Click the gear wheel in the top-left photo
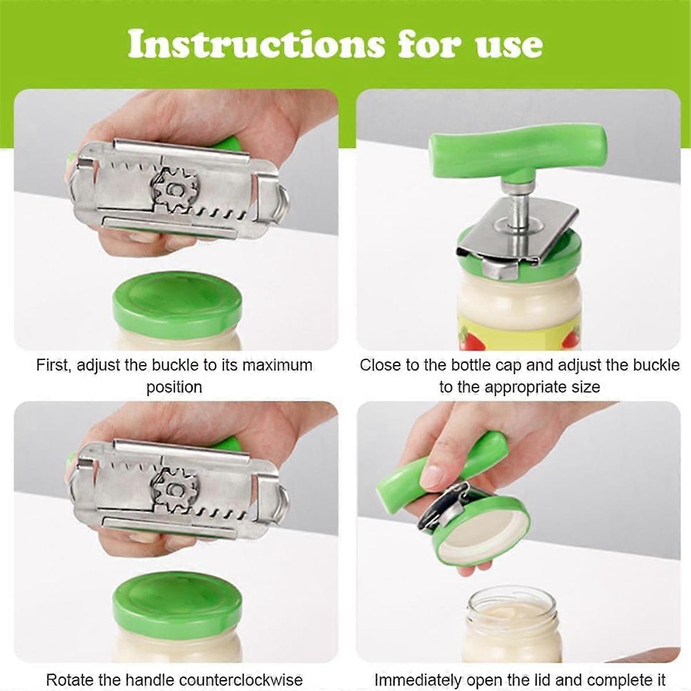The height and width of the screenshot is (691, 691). click(174, 189)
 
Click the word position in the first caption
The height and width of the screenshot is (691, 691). click(174, 387)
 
